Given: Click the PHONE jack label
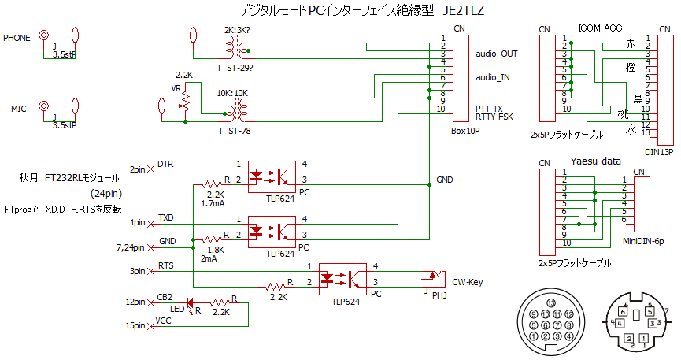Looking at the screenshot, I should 17,37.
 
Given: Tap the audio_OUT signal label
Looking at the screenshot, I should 497,54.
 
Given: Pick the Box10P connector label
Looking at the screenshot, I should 465,132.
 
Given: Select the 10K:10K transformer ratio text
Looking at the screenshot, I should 232,92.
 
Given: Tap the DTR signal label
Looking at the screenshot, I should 165,164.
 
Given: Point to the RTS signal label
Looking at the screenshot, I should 166,267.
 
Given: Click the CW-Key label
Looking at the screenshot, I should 467,281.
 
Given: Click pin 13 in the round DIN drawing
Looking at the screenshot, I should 551,303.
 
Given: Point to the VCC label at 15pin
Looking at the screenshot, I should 164,321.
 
